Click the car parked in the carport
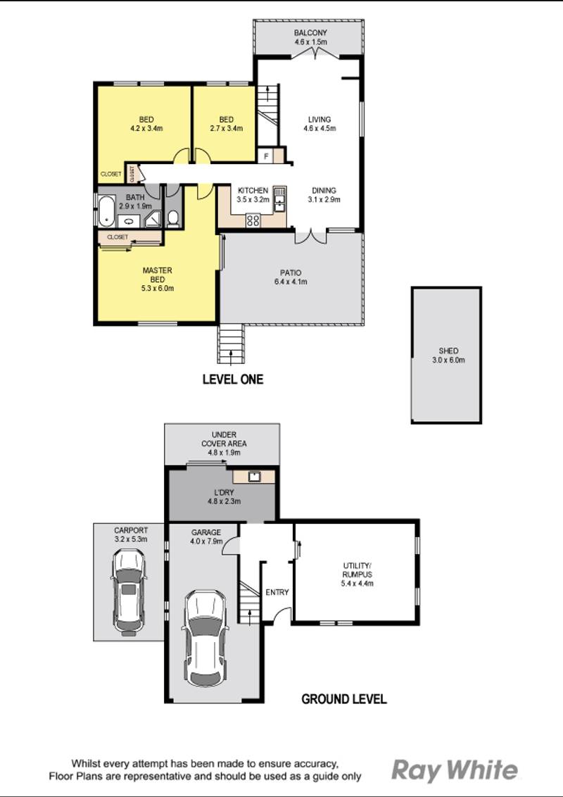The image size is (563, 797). coord(128,591)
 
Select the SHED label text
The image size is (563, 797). coord(448,351)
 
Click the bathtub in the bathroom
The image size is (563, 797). coord(106,211)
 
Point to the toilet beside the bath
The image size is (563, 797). coord(173,219)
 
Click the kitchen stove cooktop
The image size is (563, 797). coord(253,220)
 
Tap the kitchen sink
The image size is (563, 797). coord(279,199)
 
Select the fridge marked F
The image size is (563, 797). coord(267,156)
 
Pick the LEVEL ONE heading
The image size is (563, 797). coord(232,379)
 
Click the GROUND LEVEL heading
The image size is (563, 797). coord(343,699)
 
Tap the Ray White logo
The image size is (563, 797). coord(454,770)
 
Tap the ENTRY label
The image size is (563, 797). coord(277,592)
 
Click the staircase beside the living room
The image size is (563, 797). coord(267,113)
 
